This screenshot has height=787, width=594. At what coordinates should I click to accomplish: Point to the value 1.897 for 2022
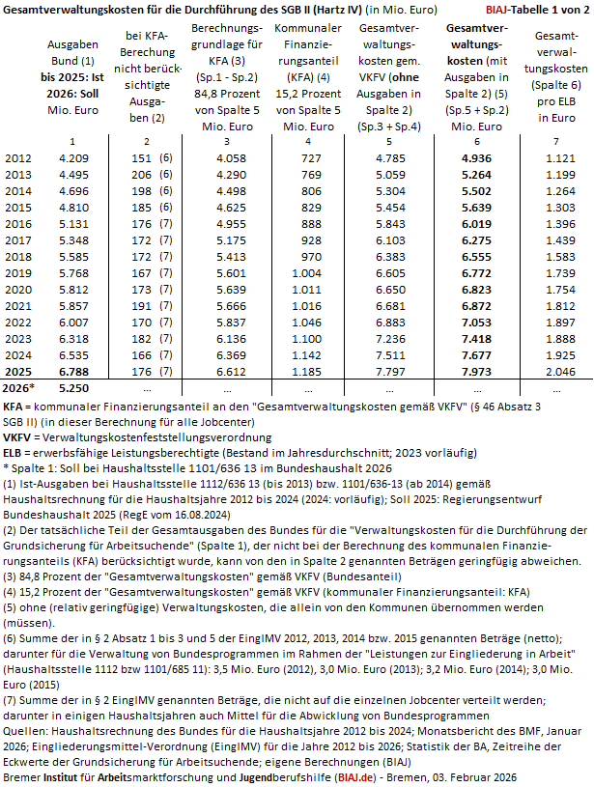coord(557,320)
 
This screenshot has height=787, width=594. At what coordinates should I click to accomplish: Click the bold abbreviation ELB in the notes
coord(16,452)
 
